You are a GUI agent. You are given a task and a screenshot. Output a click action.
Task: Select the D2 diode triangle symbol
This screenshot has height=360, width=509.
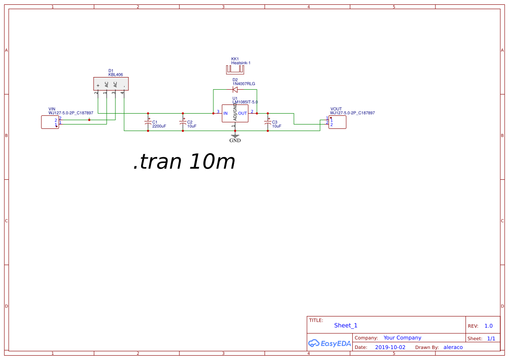point(235,90)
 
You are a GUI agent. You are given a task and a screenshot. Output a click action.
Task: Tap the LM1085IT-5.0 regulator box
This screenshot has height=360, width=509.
point(235,113)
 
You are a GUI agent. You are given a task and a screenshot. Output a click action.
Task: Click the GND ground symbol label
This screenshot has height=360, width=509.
point(235,141)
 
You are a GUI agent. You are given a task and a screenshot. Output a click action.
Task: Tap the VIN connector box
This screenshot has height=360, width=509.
point(50,122)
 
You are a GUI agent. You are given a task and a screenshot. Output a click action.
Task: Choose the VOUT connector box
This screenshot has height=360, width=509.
point(338,122)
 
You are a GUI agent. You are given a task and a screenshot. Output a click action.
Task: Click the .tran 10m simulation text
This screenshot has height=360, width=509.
point(184,162)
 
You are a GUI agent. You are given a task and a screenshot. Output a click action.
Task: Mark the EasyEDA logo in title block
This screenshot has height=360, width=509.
point(329,343)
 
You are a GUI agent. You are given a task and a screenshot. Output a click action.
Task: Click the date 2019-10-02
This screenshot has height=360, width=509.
point(390,347)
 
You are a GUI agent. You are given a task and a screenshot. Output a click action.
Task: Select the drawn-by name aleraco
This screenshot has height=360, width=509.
point(453,347)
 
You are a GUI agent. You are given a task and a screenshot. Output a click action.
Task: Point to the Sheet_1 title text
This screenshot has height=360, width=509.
point(346,325)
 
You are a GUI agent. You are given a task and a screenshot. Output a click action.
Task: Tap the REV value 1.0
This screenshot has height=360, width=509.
point(488,326)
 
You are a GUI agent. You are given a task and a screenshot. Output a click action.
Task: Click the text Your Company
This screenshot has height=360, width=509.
point(402,337)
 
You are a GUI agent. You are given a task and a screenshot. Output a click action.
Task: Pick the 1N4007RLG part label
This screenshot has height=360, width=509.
point(243,84)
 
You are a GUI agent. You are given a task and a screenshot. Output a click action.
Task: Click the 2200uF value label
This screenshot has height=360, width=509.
point(159,126)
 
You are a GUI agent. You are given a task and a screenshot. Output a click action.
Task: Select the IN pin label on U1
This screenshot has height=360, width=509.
point(226,113)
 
